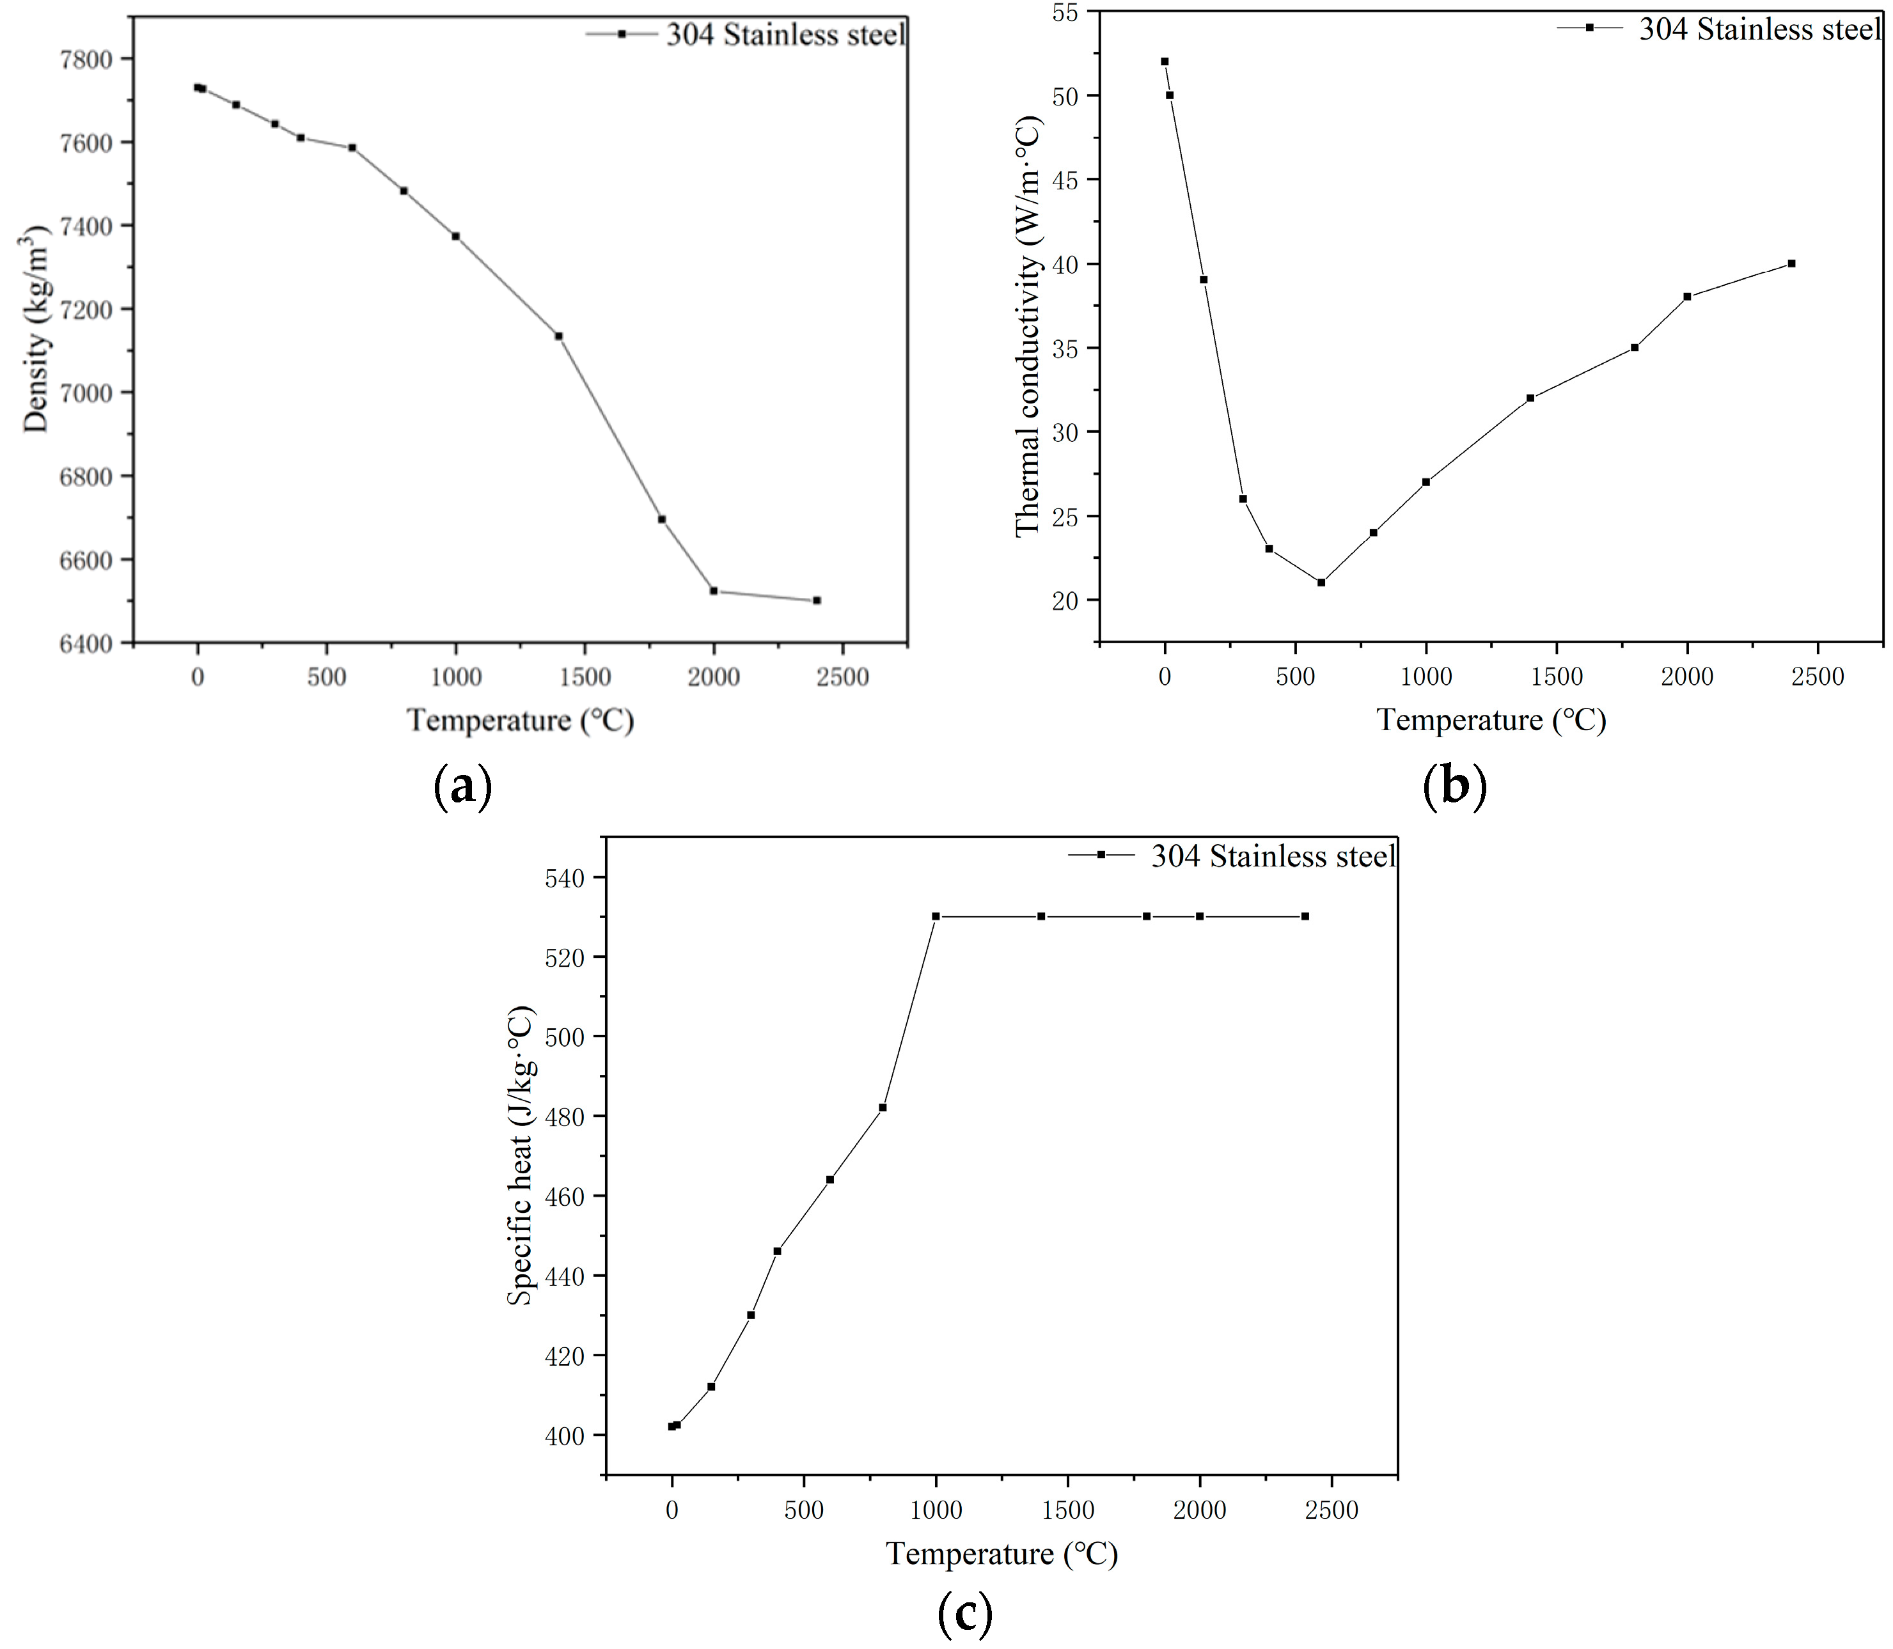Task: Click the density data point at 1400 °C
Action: point(558,336)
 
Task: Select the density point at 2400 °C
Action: point(816,600)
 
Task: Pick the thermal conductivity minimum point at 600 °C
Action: point(1321,582)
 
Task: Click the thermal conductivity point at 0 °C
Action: point(1164,61)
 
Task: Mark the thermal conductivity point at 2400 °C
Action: point(1791,264)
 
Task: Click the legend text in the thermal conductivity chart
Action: point(1759,29)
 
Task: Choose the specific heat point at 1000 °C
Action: point(936,916)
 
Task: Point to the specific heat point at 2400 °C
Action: point(1305,916)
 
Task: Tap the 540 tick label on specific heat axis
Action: point(564,878)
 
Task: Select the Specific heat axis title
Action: point(521,1155)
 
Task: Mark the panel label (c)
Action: point(964,1613)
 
